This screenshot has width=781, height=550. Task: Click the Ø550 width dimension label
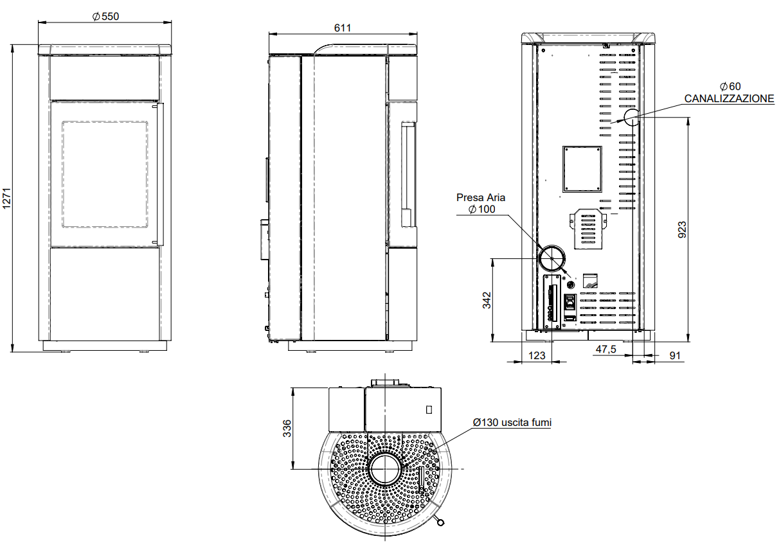tap(105, 16)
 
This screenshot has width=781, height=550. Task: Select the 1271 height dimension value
tap(7, 199)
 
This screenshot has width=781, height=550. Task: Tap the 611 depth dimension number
tap(343, 28)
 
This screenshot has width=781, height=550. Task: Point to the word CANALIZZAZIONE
tap(729, 99)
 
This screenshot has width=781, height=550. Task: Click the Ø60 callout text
tap(730, 86)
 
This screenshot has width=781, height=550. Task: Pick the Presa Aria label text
tap(480, 198)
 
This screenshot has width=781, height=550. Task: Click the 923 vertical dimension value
tap(682, 229)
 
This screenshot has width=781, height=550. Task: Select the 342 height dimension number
tap(487, 301)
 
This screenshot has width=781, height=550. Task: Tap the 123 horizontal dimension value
tap(537, 355)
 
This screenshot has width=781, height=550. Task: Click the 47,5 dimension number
tap(606, 349)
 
